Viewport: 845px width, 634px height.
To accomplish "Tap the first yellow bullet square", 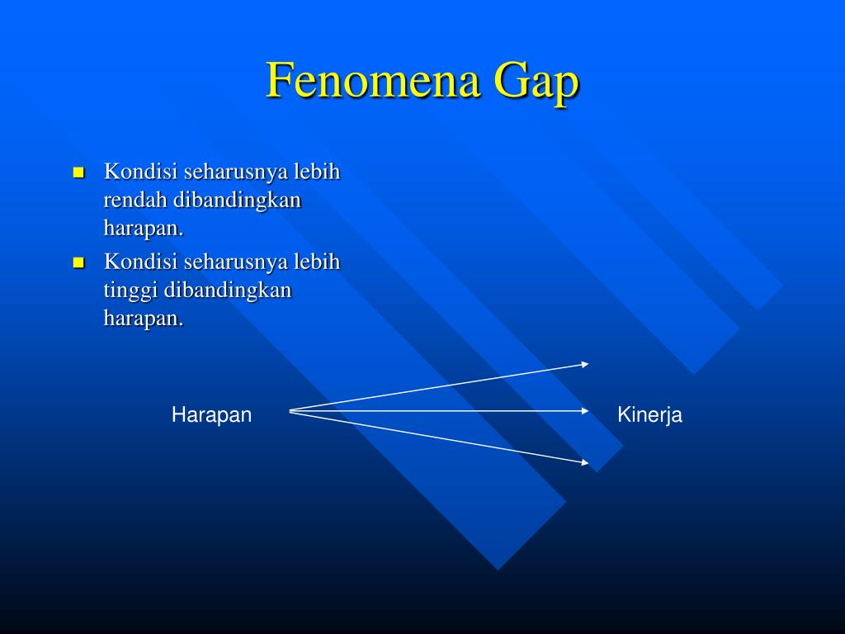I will coord(79,173).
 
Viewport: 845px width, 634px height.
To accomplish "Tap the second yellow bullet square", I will coord(79,263).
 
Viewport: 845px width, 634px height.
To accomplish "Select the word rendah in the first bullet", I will coord(135,200).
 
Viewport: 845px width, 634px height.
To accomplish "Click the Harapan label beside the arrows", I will coord(211,415).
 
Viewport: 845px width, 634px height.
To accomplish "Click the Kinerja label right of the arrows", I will coord(649,415).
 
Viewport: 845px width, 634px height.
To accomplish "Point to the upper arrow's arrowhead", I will coord(585,363).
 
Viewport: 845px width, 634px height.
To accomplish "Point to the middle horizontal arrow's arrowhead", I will coord(585,410).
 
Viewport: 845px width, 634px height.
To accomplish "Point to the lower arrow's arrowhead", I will coord(585,463).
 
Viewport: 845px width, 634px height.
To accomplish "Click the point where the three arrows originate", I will coord(290,410).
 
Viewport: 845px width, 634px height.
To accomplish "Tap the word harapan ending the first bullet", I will coord(142,228).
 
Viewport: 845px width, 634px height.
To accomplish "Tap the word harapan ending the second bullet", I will coord(142,319).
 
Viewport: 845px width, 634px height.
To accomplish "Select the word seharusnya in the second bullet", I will coord(234,263).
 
